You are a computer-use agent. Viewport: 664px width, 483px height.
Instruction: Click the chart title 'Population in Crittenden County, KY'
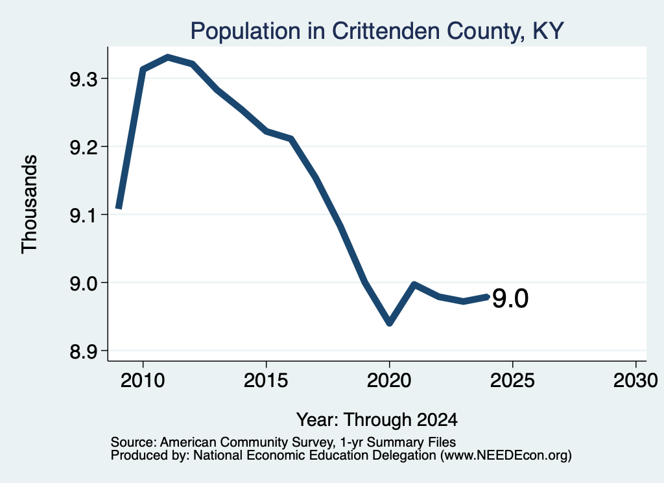(x=377, y=31)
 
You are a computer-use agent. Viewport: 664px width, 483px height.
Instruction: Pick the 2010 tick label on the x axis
(x=143, y=380)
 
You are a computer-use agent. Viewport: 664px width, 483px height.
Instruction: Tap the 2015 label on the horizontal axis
(x=266, y=380)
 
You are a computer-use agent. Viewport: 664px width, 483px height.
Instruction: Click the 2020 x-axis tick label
(x=389, y=380)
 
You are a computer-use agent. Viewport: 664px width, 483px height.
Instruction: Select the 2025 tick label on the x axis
(x=512, y=380)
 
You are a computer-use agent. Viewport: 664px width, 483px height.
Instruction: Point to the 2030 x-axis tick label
(x=635, y=380)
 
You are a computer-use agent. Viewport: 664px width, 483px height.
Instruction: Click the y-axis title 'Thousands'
(x=29, y=204)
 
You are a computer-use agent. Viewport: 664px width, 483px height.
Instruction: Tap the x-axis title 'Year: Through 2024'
(x=377, y=419)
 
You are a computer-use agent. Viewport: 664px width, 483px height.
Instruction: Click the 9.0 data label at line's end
(x=510, y=298)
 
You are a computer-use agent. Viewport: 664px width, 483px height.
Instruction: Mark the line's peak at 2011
(x=168, y=56)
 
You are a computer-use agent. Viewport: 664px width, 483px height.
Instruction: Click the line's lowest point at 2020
(x=390, y=323)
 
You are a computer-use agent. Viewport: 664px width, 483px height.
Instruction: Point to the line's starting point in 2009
(x=119, y=207)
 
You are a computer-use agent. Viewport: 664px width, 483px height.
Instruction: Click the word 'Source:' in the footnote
(x=134, y=442)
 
